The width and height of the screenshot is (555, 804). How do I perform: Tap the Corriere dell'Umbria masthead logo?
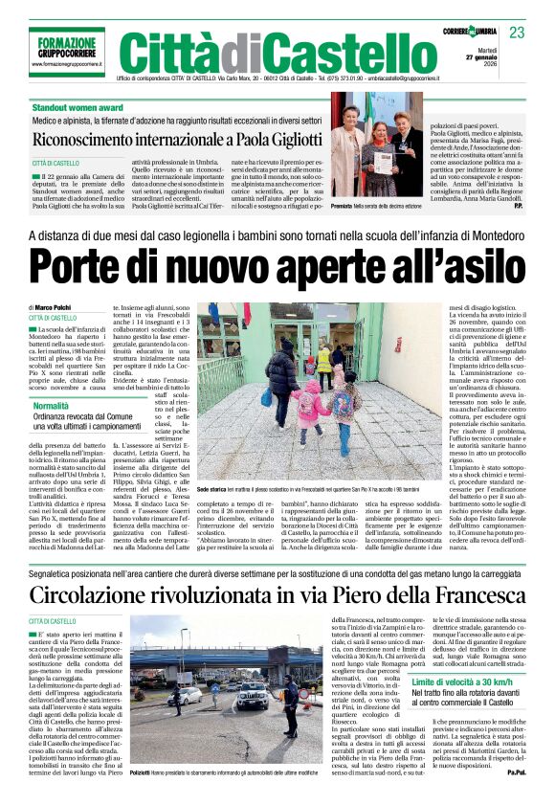[x=470, y=33]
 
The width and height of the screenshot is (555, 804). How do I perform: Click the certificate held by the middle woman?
[x=381, y=159]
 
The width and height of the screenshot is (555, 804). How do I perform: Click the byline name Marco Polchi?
[x=59, y=307]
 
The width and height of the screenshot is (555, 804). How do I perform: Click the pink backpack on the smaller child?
[x=342, y=405]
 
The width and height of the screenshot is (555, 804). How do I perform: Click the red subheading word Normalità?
[x=51, y=406]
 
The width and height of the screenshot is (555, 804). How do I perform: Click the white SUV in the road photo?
[x=253, y=694]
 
